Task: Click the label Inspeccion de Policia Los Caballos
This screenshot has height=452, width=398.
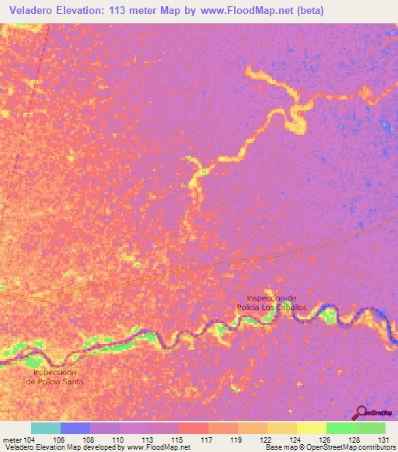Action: pos(271,303)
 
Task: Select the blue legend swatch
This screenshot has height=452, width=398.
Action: pos(75,428)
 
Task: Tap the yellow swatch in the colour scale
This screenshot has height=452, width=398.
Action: pos(311,428)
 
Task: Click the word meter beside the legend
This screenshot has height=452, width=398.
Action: pos(12,439)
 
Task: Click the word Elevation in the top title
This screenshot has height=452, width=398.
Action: pos(88,10)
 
